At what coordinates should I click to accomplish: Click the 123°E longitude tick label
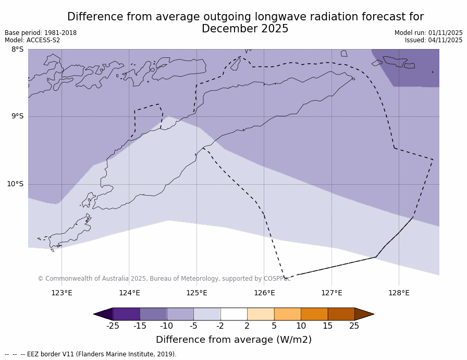(62, 293)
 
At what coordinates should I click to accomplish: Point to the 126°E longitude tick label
(264, 293)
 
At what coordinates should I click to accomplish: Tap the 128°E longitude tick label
(399, 293)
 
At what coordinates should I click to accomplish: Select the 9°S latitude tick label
(17, 116)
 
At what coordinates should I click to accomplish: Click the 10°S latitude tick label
(15, 184)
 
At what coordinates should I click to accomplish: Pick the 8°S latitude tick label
(17, 50)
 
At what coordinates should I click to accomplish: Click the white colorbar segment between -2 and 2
(233, 314)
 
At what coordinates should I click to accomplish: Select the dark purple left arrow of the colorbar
(104, 314)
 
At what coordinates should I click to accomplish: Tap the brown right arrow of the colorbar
(364, 314)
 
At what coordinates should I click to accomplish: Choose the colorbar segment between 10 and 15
(314, 314)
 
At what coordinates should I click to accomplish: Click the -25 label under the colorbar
(113, 326)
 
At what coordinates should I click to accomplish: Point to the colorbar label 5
(274, 326)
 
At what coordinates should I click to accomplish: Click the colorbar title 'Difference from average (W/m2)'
(233, 340)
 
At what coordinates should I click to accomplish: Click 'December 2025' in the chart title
(245, 29)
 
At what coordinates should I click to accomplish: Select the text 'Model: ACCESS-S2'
(32, 40)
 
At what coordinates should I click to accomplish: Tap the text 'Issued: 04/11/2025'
(434, 40)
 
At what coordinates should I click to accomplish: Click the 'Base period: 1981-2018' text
(41, 33)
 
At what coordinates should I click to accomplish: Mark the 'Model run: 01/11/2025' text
(428, 33)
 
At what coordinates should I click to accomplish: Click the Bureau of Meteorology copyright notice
(164, 279)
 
